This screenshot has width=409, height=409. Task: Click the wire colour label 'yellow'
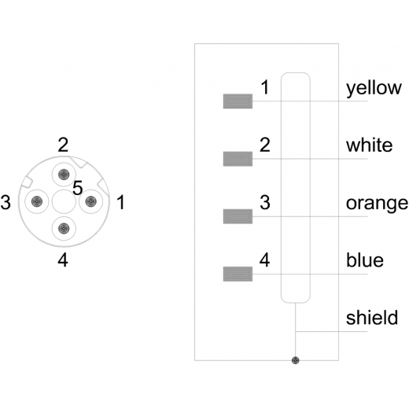click(x=374, y=88)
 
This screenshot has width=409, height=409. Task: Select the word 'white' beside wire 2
click(x=369, y=145)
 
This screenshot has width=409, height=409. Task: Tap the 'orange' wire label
click(x=377, y=204)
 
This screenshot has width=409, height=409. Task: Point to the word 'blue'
click(x=365, y=260)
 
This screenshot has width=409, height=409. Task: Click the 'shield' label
click(x=372, y=318)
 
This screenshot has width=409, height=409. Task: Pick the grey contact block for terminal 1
click(x=238, y=101)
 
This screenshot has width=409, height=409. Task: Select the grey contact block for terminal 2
click(x=238, y=159)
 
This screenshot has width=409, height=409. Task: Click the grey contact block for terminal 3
click(x=238, y=216)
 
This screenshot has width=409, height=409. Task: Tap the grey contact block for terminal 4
click(x=238, y=275)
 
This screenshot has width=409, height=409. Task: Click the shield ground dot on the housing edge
click(x=296, y=360)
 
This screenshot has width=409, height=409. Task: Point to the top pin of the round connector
click(x=64, y=174)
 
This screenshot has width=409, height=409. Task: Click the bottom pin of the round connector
click(x=64, y=229)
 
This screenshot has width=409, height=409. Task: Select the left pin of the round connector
click(x=37, y=201)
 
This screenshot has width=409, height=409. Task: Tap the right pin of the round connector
click(x=90, y=201)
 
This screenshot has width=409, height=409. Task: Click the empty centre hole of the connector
click(x=64, y=201)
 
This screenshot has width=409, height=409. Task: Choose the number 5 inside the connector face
click(x=78, y=188)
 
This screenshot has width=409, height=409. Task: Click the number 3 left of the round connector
click(x=6, y=202)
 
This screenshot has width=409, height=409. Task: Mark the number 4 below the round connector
click(x=63, y=260)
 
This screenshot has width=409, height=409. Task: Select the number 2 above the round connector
click(x=63, y=145)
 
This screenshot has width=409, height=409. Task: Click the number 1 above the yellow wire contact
click(x=265, y=87)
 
